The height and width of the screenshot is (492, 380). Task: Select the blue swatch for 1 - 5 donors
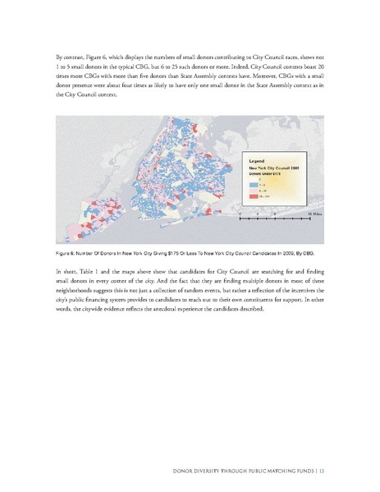tap(254, 186)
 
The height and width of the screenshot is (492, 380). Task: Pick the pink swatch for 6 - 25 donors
tap(254, 191)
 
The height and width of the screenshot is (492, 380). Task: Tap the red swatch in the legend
tap(254, 197)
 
